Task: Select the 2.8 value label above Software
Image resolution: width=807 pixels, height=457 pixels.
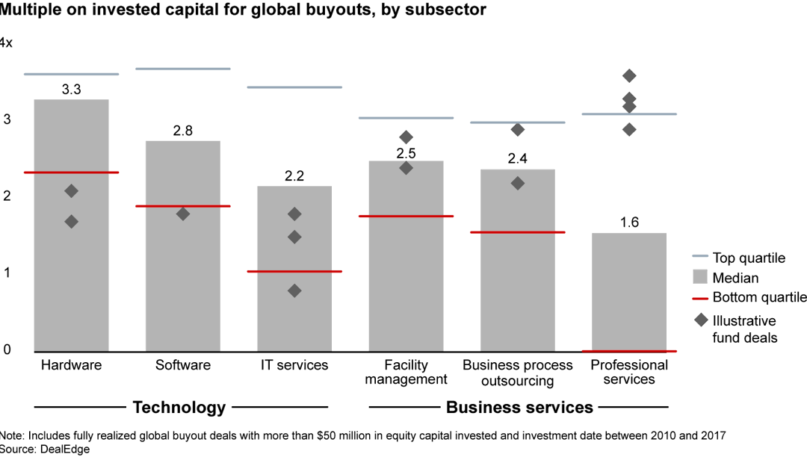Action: (183, 131)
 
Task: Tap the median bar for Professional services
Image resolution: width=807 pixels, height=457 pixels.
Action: (629, 291)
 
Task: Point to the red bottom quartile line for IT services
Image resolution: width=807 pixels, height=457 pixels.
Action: (294, 271)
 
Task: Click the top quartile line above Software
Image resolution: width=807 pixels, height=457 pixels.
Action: (183, 69)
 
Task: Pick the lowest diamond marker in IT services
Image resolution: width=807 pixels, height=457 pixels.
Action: (294, 290)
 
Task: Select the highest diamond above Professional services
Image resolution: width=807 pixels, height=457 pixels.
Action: (629, 75)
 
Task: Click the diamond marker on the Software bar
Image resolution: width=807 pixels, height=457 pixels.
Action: (183, 214)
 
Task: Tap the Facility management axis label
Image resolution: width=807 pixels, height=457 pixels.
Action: (406, 372)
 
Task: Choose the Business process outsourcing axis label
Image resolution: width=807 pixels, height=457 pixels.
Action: (518, 373)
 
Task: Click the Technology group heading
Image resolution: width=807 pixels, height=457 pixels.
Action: (179, 407)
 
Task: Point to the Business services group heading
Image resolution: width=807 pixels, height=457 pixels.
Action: (519, 407)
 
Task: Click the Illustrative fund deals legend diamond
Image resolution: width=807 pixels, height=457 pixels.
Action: (701, 320)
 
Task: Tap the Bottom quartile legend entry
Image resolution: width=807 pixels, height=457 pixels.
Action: (759, 297)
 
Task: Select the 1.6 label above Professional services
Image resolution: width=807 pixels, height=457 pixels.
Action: (629, 223)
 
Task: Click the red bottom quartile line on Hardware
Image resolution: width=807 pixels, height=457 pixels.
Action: (72, 172)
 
